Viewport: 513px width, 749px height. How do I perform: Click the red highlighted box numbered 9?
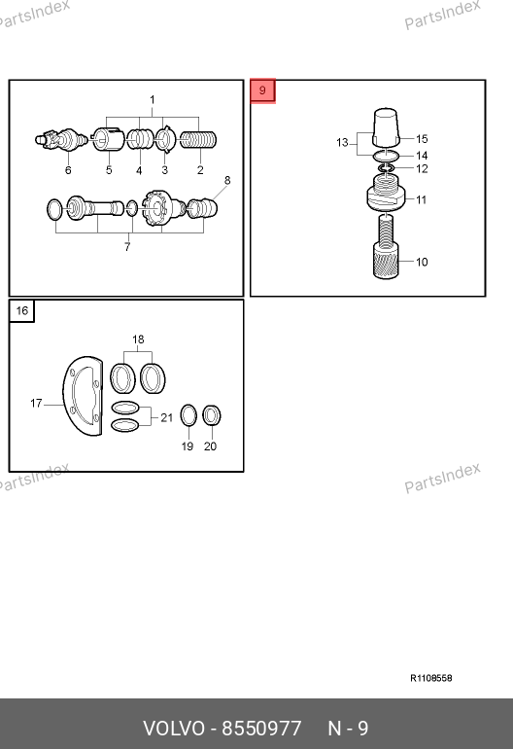coord(262,90)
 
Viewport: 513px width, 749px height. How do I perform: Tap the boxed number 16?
coord(22,311)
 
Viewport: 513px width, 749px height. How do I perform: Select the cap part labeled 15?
coord(386,127)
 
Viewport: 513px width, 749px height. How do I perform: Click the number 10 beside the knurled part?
coord(422,262)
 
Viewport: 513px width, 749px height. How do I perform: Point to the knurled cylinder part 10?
coord(386,261)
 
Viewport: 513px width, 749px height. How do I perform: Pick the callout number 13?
coord(342,142)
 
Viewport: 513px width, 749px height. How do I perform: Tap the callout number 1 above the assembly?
coord(153,100)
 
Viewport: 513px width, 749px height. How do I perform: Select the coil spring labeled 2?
coord(198,139)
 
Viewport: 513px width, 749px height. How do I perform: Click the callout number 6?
coord(68,170)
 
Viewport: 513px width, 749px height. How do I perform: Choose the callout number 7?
coord(127,247)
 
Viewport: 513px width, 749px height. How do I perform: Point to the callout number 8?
coord(227,181)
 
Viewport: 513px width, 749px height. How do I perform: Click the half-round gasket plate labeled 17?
coord(82,396)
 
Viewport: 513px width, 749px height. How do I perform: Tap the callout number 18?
coord(138,339)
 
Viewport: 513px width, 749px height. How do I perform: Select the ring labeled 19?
coord(188,415)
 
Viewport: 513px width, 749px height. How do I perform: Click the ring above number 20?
coord(212,415)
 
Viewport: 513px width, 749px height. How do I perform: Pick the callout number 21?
coord(166,418)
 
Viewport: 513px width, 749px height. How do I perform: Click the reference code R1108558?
coord(431,678)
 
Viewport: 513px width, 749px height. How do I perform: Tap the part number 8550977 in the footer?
coord(262,729)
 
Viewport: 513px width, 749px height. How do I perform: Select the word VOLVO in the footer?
coord(174,729)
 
